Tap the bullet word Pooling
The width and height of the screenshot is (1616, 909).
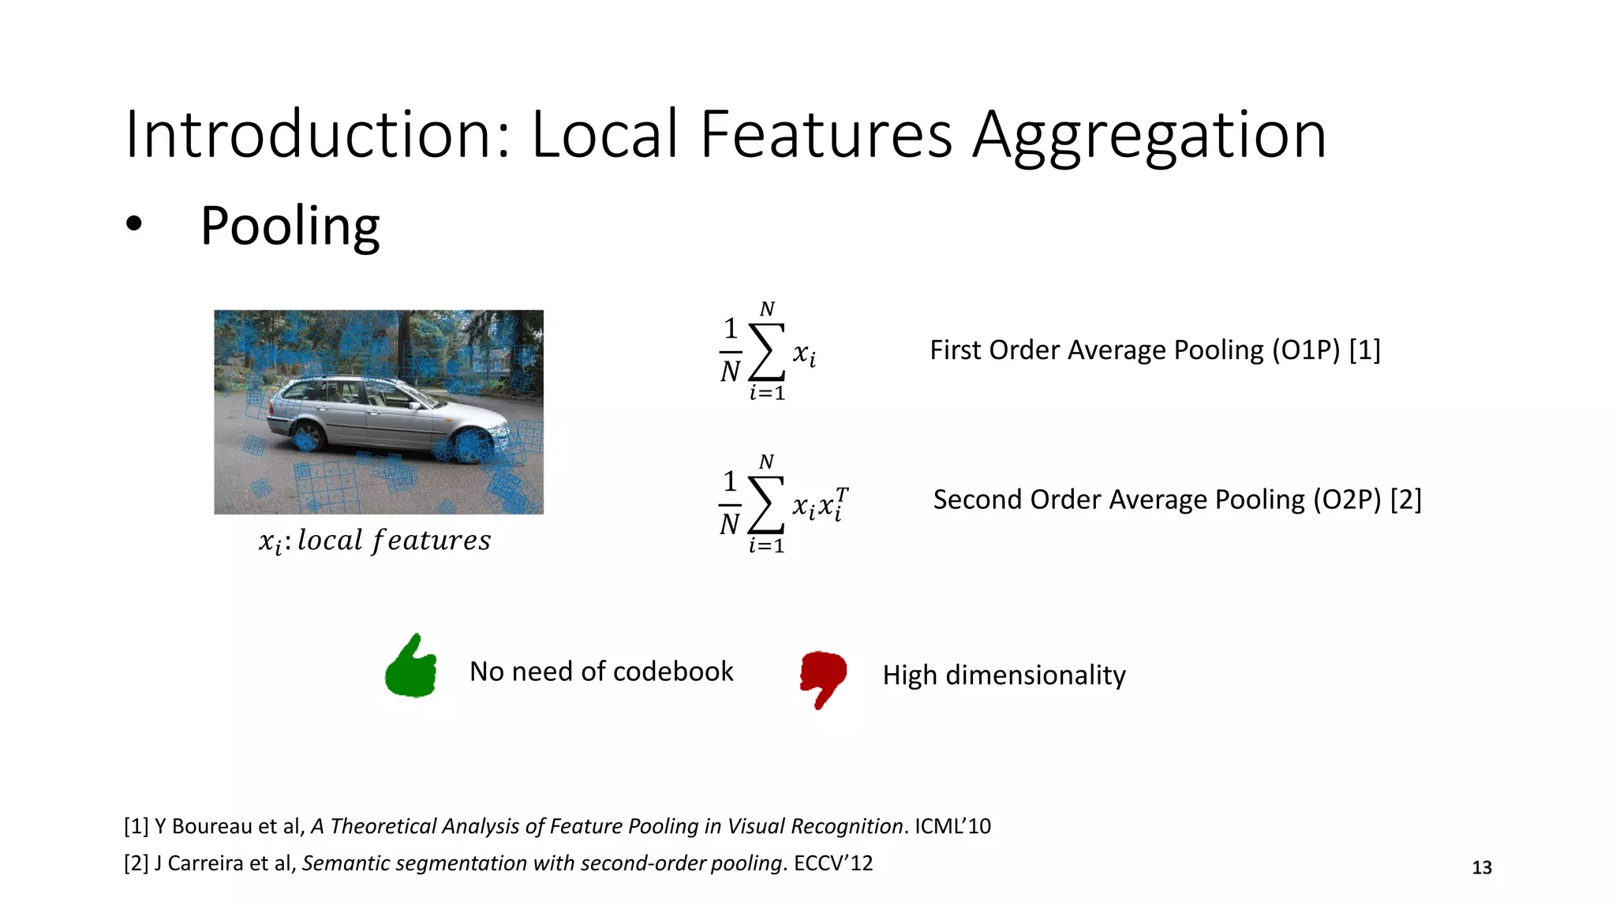pos(290,226)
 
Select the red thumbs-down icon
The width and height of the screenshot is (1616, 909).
pos(823,678)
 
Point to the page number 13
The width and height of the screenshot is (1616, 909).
pos(1482,868)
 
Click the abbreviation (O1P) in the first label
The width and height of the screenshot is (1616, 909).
pos(1306,350)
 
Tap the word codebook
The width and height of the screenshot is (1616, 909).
pos(673,671)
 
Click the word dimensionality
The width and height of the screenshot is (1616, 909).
pos(1035,675)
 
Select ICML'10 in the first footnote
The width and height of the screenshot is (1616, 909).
pos(952,826)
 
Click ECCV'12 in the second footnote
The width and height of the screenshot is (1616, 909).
pos(833,863)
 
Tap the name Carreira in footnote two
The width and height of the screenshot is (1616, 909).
pos(206,863)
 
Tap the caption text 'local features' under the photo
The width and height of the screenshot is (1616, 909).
pos(394,541)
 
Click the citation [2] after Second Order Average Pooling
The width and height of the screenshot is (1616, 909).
pos(1405,499)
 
